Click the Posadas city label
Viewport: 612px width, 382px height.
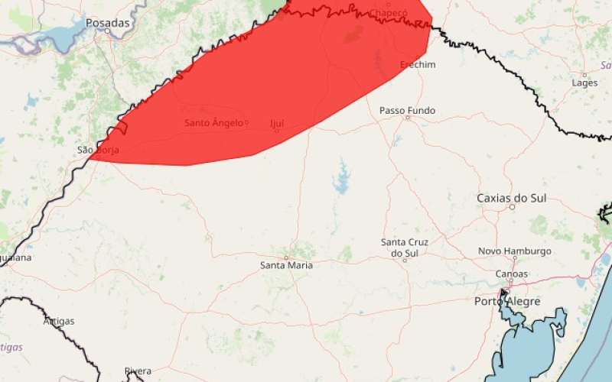[x=108, y=23]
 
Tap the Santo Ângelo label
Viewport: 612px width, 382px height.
[x=213, y=122]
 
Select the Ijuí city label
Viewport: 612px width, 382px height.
[x=277, y=122]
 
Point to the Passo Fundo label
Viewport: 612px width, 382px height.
[x=407, y=111]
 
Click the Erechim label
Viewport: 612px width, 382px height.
[x=418, y=65]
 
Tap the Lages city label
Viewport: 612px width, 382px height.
[x=584, y=83]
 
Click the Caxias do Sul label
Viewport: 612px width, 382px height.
[x=512, y=198]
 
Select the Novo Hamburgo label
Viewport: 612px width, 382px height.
[x=515, y=251]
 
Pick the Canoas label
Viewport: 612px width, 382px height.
[x=512, y=274]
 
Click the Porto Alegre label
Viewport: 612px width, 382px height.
[x=507, y=301]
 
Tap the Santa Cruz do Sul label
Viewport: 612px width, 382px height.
[x=405, y=247]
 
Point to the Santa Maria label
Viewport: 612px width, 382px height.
[x=286, y=265]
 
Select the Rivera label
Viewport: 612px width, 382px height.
[x=138, y=371]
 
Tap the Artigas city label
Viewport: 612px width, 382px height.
[x=59, y=321]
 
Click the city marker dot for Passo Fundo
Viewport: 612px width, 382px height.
[x=408, y=118]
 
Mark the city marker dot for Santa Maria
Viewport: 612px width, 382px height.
[x=287, y=257]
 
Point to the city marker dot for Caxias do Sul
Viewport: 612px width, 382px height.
[x=512, y=206]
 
